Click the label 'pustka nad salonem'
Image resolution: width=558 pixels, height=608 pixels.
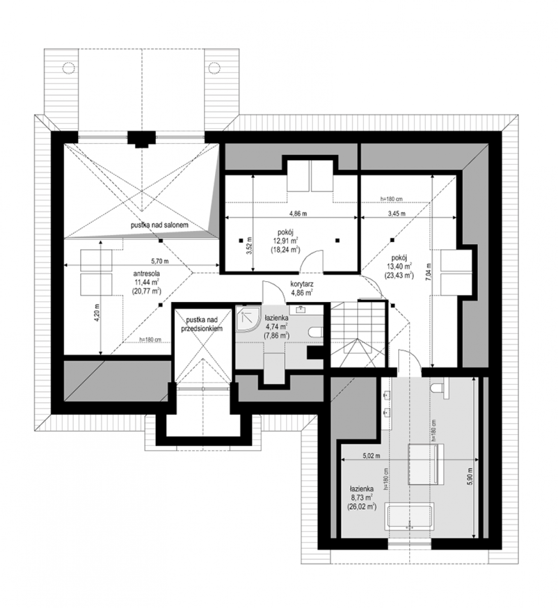(159, 225)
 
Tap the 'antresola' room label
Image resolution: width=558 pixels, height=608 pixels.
(146, 274)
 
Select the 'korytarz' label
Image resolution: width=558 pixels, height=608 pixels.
(301, 284)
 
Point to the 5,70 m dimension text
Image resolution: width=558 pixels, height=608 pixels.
(160, 260)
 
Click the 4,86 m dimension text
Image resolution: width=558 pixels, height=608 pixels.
(298, 213)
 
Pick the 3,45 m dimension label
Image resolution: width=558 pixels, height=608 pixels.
(397, 213)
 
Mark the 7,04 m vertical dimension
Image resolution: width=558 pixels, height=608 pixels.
(428, 272)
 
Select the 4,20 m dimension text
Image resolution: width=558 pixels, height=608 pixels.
(97, 313)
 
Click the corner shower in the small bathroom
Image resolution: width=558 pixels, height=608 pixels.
(248, 319)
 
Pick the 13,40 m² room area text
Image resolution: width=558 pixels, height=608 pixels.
(399, 266)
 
